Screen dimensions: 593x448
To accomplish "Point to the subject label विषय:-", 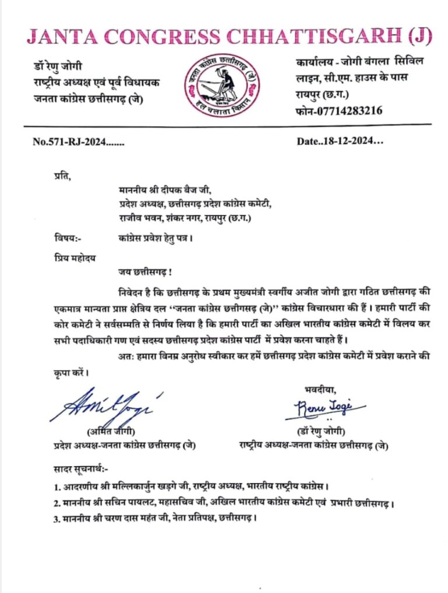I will [64, 237].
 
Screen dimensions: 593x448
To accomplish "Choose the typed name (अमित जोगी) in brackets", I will [111, 432].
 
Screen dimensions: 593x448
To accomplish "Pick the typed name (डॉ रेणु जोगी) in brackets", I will [321, 432].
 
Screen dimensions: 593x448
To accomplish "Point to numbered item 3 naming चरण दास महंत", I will [154, 519].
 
